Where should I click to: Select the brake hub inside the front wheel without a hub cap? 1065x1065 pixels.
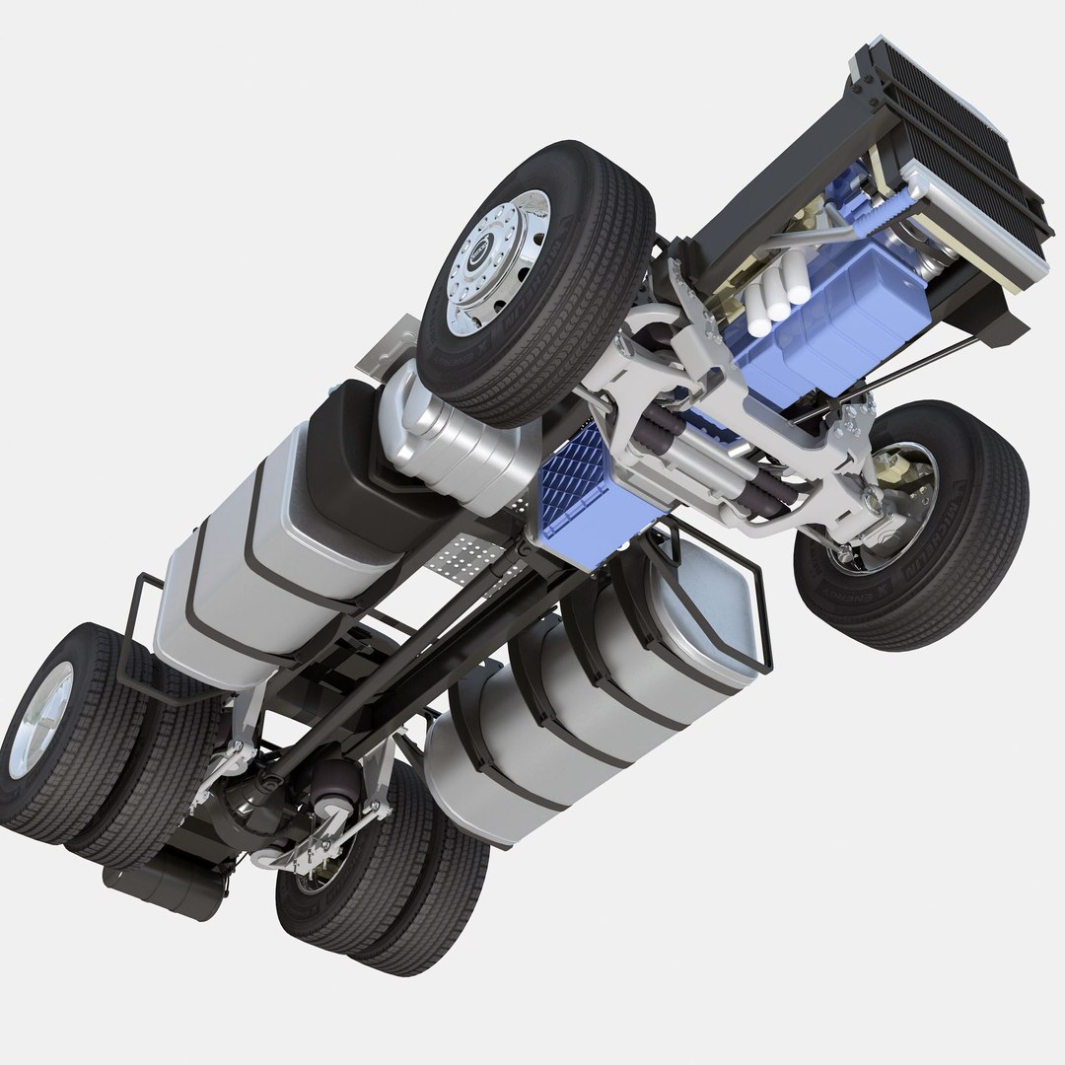coord(892,493)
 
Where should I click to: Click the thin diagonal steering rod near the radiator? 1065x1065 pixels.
coord(917,365)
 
